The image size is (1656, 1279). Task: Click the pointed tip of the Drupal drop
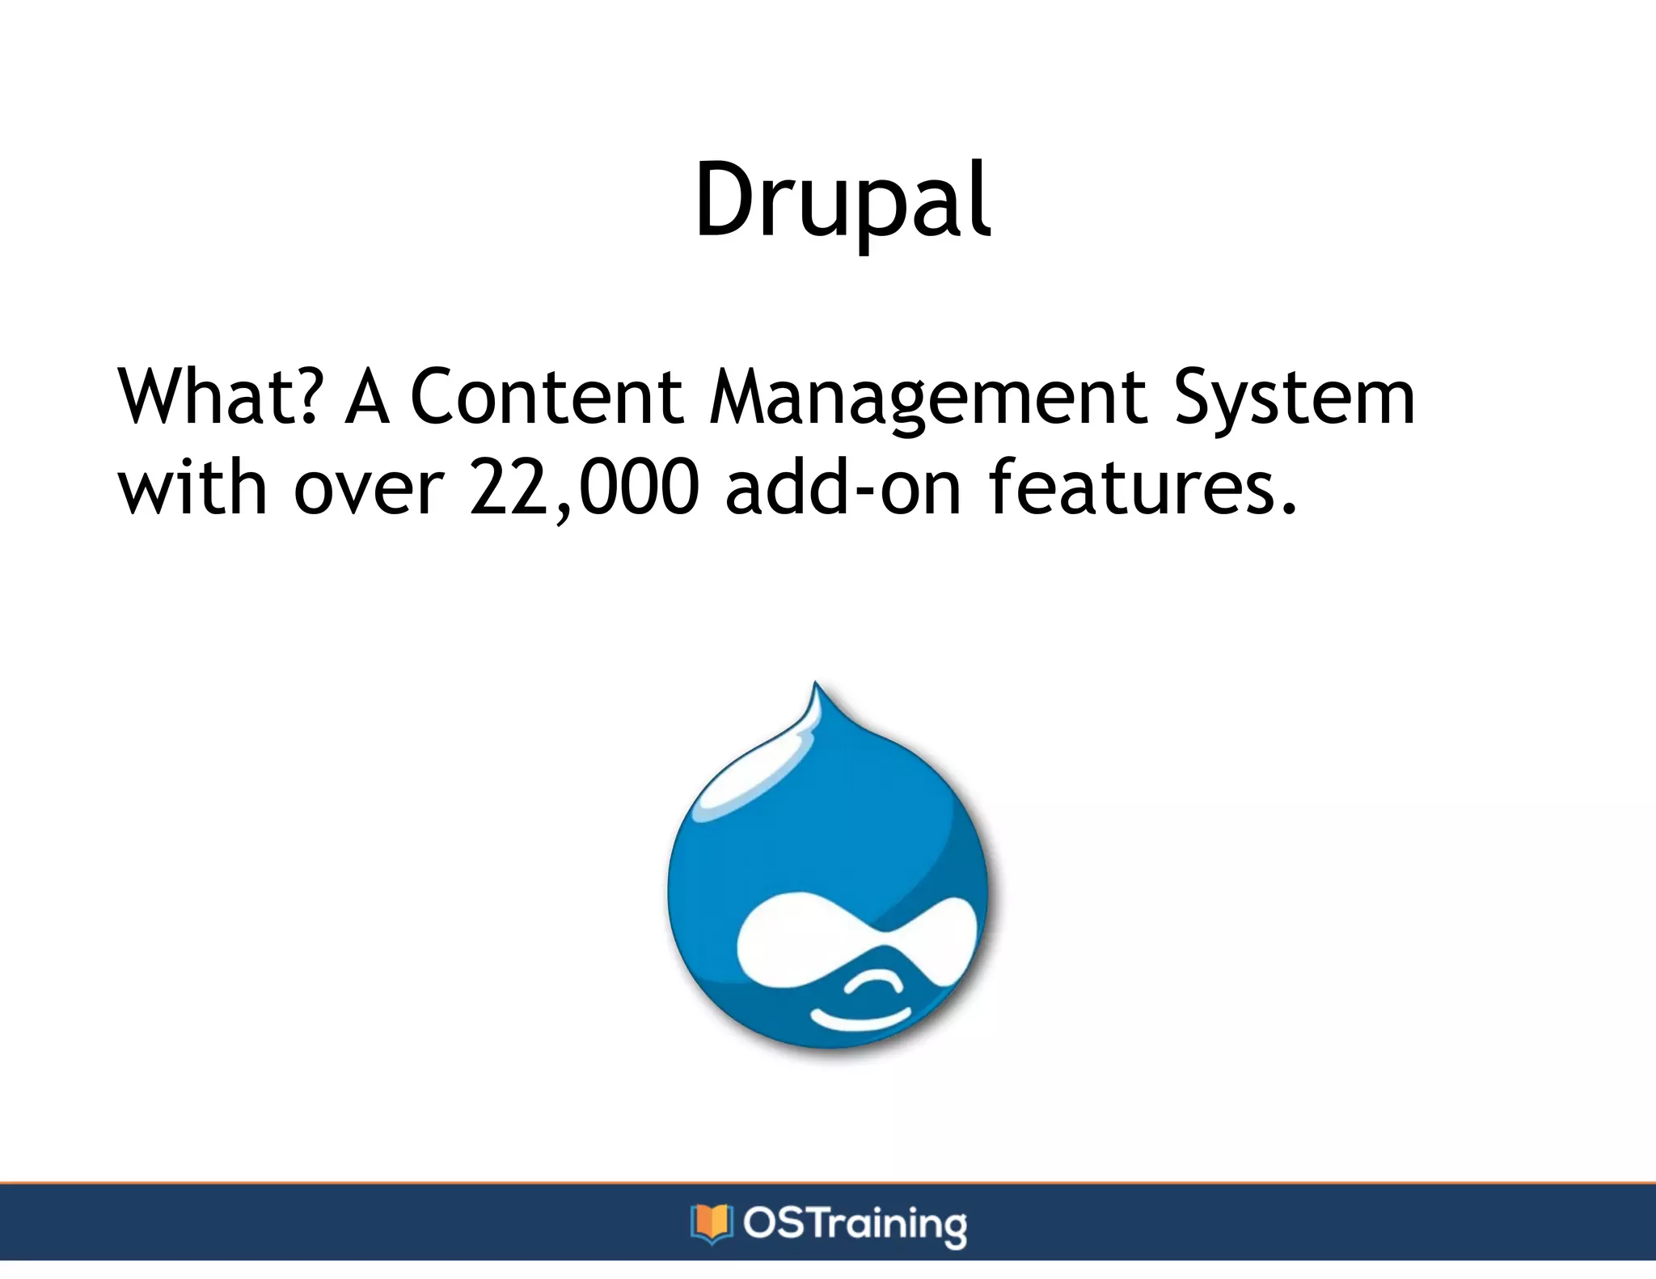click(816, 687)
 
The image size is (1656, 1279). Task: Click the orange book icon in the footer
click(711, 1222)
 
